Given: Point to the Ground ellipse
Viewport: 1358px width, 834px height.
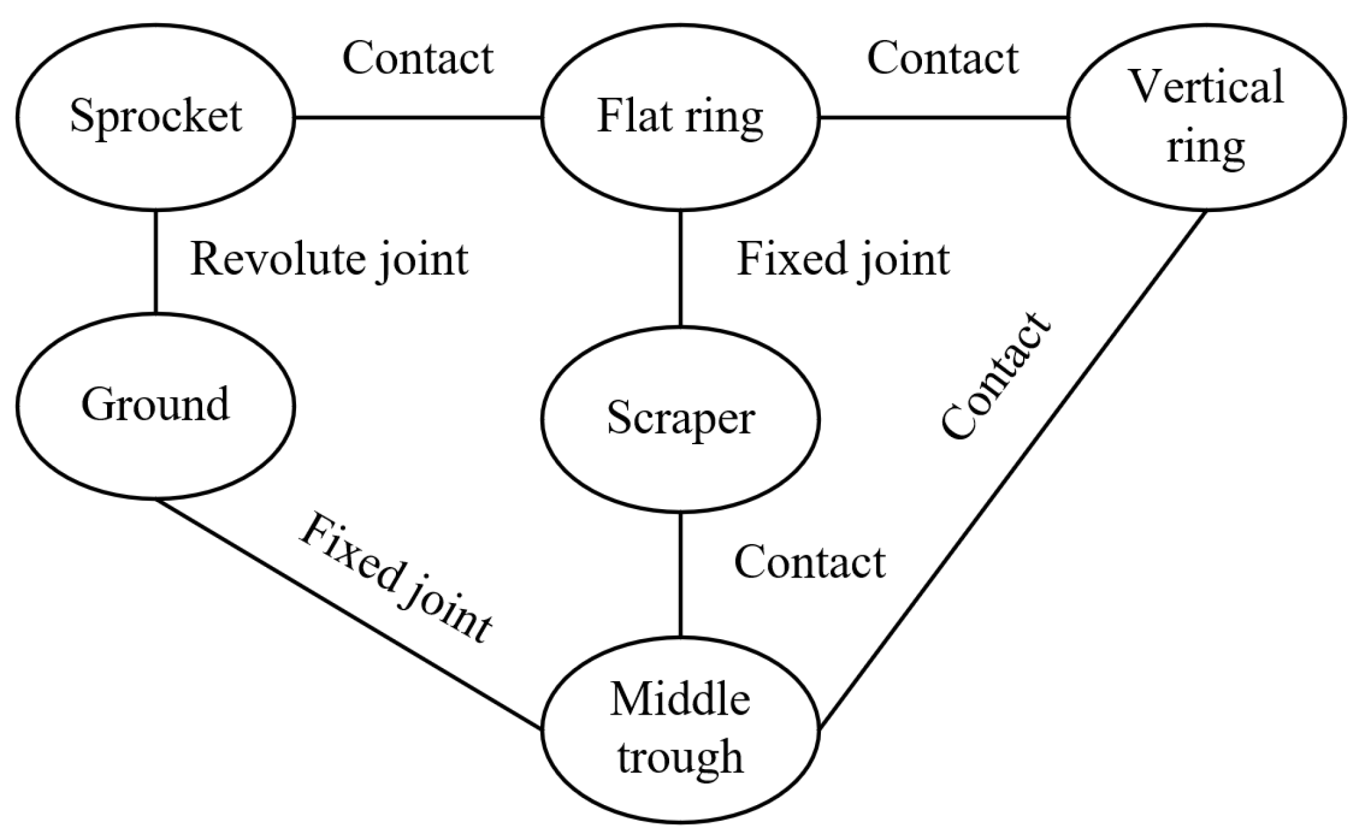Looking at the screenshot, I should (156, 406).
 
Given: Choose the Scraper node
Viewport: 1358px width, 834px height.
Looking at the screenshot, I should (680, 419).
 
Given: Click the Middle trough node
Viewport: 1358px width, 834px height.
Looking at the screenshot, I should (680, 728).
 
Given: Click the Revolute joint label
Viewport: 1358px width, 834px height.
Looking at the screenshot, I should (330, 260).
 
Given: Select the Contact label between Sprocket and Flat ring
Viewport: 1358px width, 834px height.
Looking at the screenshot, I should (418, 59).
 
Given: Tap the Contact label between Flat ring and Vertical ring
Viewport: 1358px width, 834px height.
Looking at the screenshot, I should (943, 59).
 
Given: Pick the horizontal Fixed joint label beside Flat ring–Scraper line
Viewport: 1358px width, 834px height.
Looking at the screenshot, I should (843, 260).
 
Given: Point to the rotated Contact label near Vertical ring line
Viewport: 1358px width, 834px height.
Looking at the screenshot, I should (994, 377).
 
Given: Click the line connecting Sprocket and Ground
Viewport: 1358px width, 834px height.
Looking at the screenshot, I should (156, 262).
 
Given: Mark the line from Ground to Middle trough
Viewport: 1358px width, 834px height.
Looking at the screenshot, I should (348, 614).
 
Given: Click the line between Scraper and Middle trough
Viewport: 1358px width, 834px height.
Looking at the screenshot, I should (680, 575).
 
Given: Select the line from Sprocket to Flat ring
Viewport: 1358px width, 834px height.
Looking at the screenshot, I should (418, 118).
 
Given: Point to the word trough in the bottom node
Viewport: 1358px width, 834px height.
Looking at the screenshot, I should (680, 757).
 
